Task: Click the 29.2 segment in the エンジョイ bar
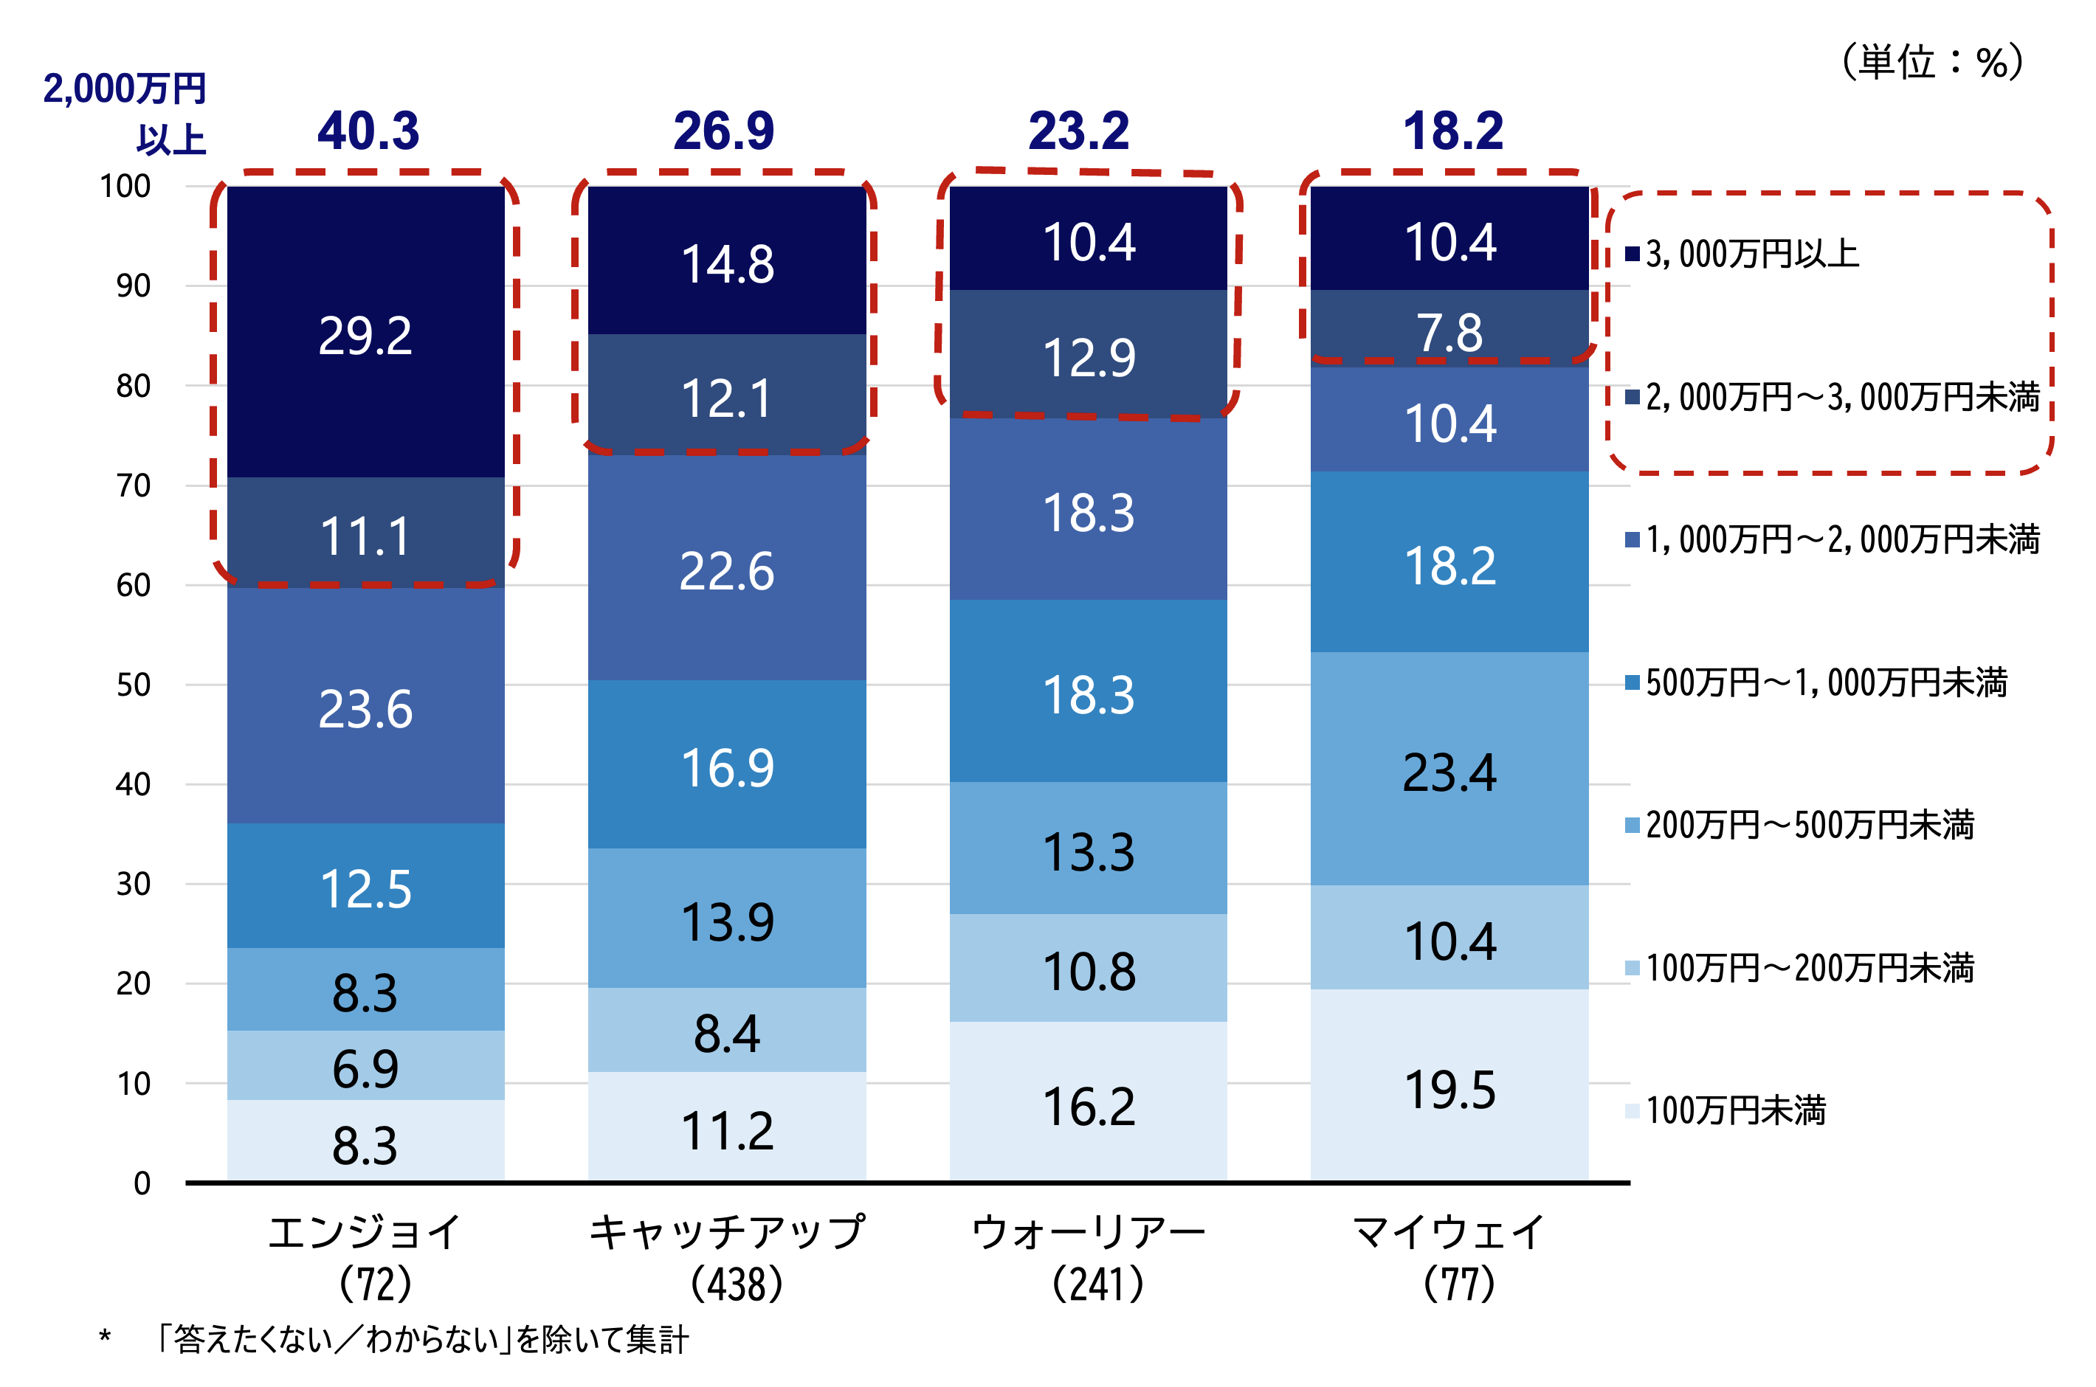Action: coord(365,335)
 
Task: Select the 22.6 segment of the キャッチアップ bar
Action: coord(726,570)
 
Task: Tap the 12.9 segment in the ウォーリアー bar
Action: coord(1089,357)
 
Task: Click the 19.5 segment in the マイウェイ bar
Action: coord(1449,1089)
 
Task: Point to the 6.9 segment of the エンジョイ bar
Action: coord(365,1068)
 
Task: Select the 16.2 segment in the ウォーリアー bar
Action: coord(1089,1106)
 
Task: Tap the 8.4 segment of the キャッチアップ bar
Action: coord(726,1032)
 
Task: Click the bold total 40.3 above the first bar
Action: coord(368,131)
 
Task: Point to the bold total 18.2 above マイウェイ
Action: coord(1452,131)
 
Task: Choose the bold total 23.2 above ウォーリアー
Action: coord(1078,131)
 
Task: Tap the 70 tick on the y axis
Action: coord(133,485)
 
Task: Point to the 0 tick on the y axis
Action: coord(142,1183)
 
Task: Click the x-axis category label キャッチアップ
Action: coord(726,1232)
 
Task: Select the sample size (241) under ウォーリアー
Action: coord(1097,1284)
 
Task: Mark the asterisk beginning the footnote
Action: coord(104,1338)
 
